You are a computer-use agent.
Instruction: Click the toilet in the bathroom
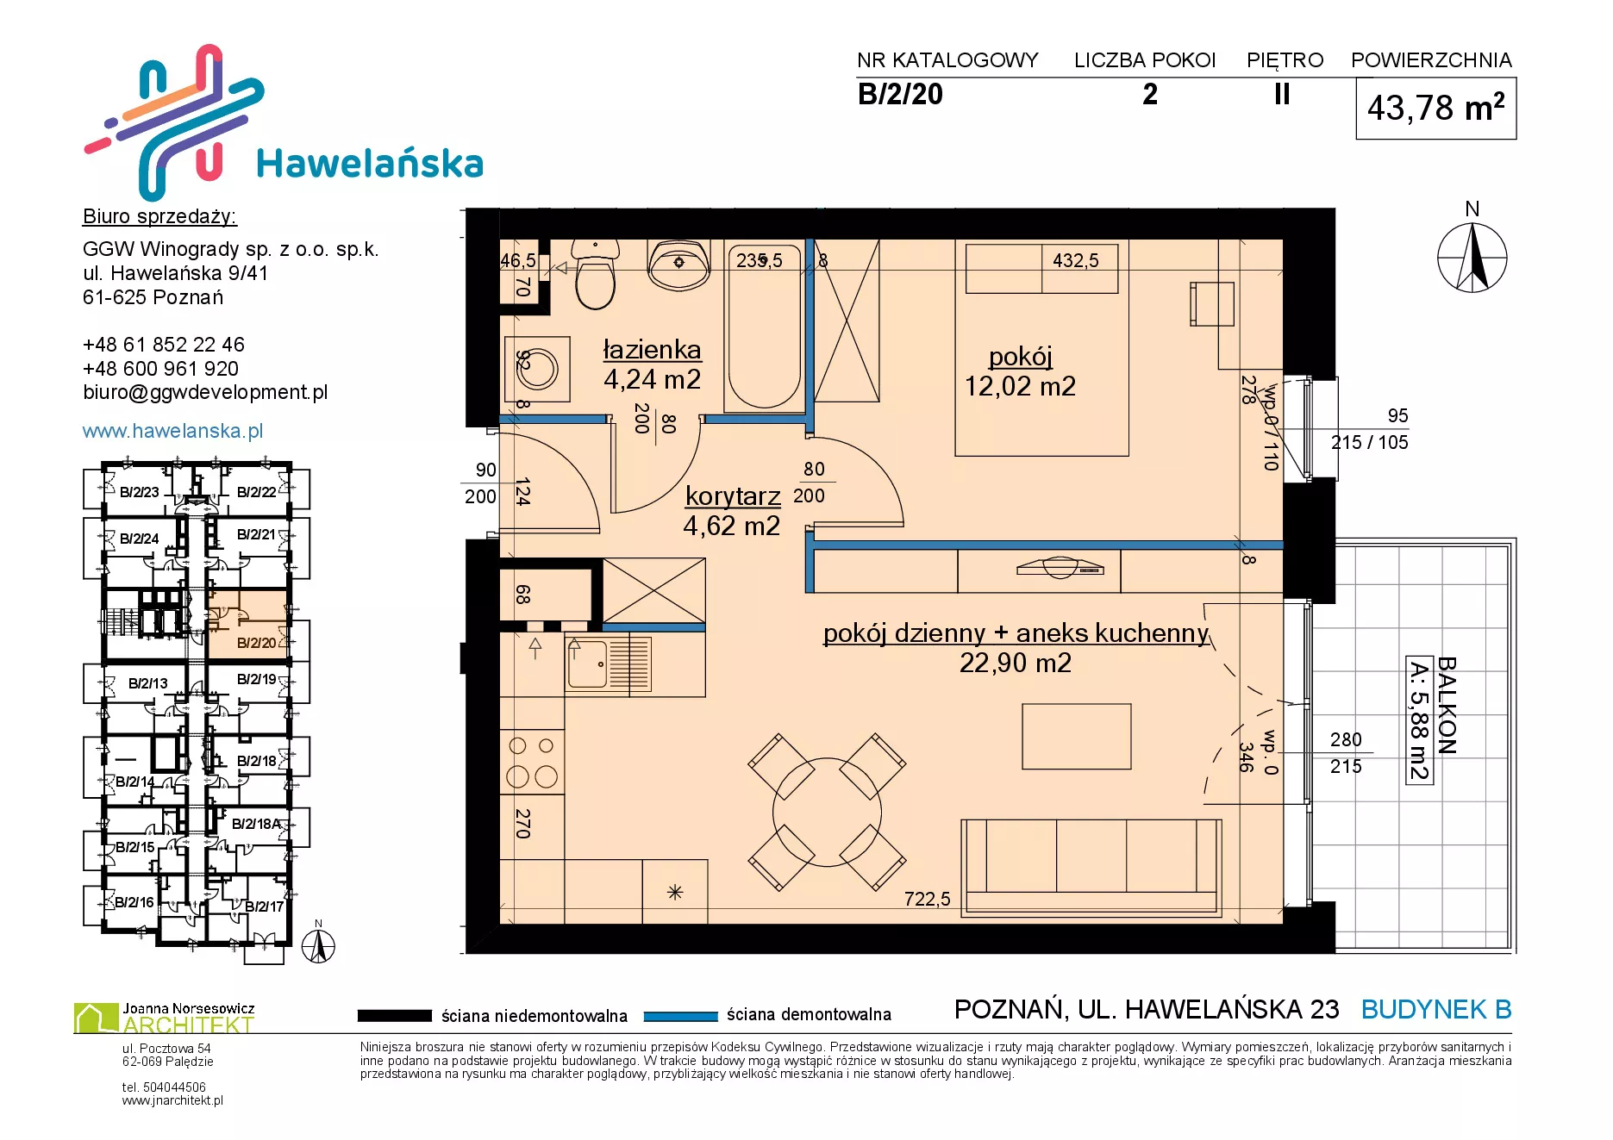(x=595, y=274)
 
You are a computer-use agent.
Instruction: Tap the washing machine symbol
(x=536, y=369)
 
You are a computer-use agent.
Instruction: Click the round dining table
(x=827, y=811)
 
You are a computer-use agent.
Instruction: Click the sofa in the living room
(x=1091, y=867)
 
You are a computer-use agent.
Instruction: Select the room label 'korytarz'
(x=733, y=496)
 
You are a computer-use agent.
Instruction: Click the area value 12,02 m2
(x=1020, y=386)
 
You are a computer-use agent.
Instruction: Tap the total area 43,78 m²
(x=1436, y=108)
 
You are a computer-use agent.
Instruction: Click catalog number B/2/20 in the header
(x=900, y=94)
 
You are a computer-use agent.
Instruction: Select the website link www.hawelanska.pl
(x=172, y=431)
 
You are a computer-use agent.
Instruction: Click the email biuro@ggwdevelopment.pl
(x=205, y=392)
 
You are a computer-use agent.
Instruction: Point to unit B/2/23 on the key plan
(x=139, y=492)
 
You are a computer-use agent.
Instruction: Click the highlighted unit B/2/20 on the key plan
(x=256, y=643)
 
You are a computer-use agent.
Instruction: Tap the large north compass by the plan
(x=1472, y=257)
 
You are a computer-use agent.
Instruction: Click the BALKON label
(x=1447, y=706)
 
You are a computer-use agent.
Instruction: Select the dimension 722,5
(x=928, y=899)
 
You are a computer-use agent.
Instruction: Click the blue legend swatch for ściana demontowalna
(x=681, y=1016)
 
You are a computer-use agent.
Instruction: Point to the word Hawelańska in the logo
(x=370, y=164)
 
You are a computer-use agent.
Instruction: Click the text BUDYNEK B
(x=1436, y=1009)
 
